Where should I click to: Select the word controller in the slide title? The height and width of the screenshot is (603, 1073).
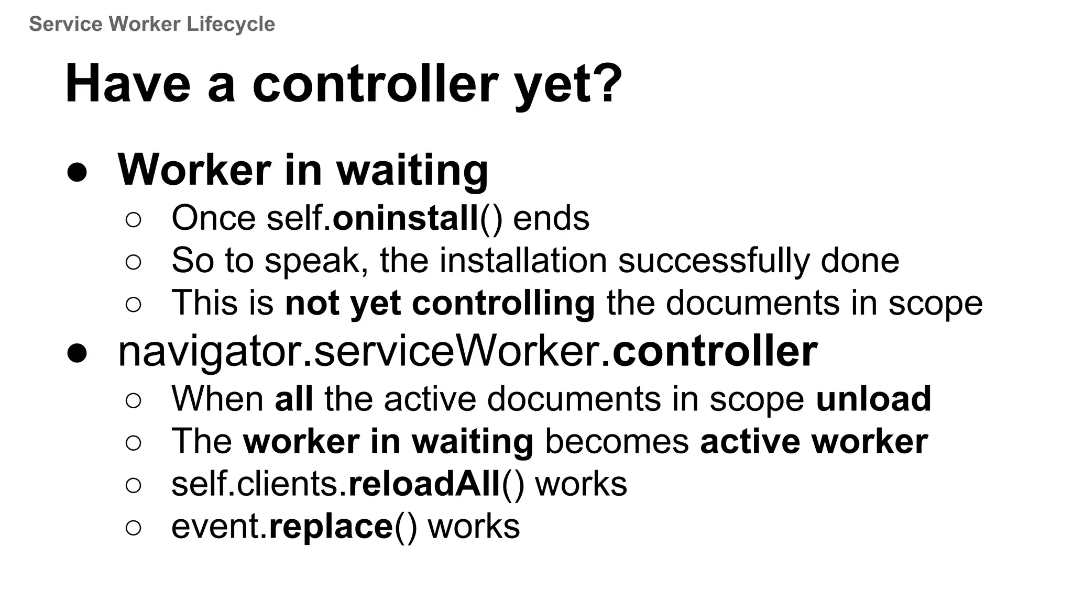(375, 84)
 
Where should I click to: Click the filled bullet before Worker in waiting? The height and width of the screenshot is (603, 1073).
(77, 172)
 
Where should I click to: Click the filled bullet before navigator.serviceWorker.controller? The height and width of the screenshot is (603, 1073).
(77, 353)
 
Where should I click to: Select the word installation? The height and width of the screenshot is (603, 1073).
(522, 260)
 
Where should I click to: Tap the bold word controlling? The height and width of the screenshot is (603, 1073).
(503, 303)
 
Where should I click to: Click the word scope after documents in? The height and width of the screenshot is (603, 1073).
(935, 303)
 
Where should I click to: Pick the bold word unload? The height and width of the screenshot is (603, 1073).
(873, 398)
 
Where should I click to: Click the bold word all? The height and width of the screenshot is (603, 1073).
(294, 398)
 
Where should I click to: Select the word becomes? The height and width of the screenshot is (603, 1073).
(617, 441)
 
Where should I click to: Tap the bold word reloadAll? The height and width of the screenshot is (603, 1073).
(424, 484)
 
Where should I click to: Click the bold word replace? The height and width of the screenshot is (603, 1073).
(331, 527)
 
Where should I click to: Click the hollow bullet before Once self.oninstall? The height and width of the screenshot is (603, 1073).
(134, 220)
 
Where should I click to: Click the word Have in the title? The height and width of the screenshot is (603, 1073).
(127, 84)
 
